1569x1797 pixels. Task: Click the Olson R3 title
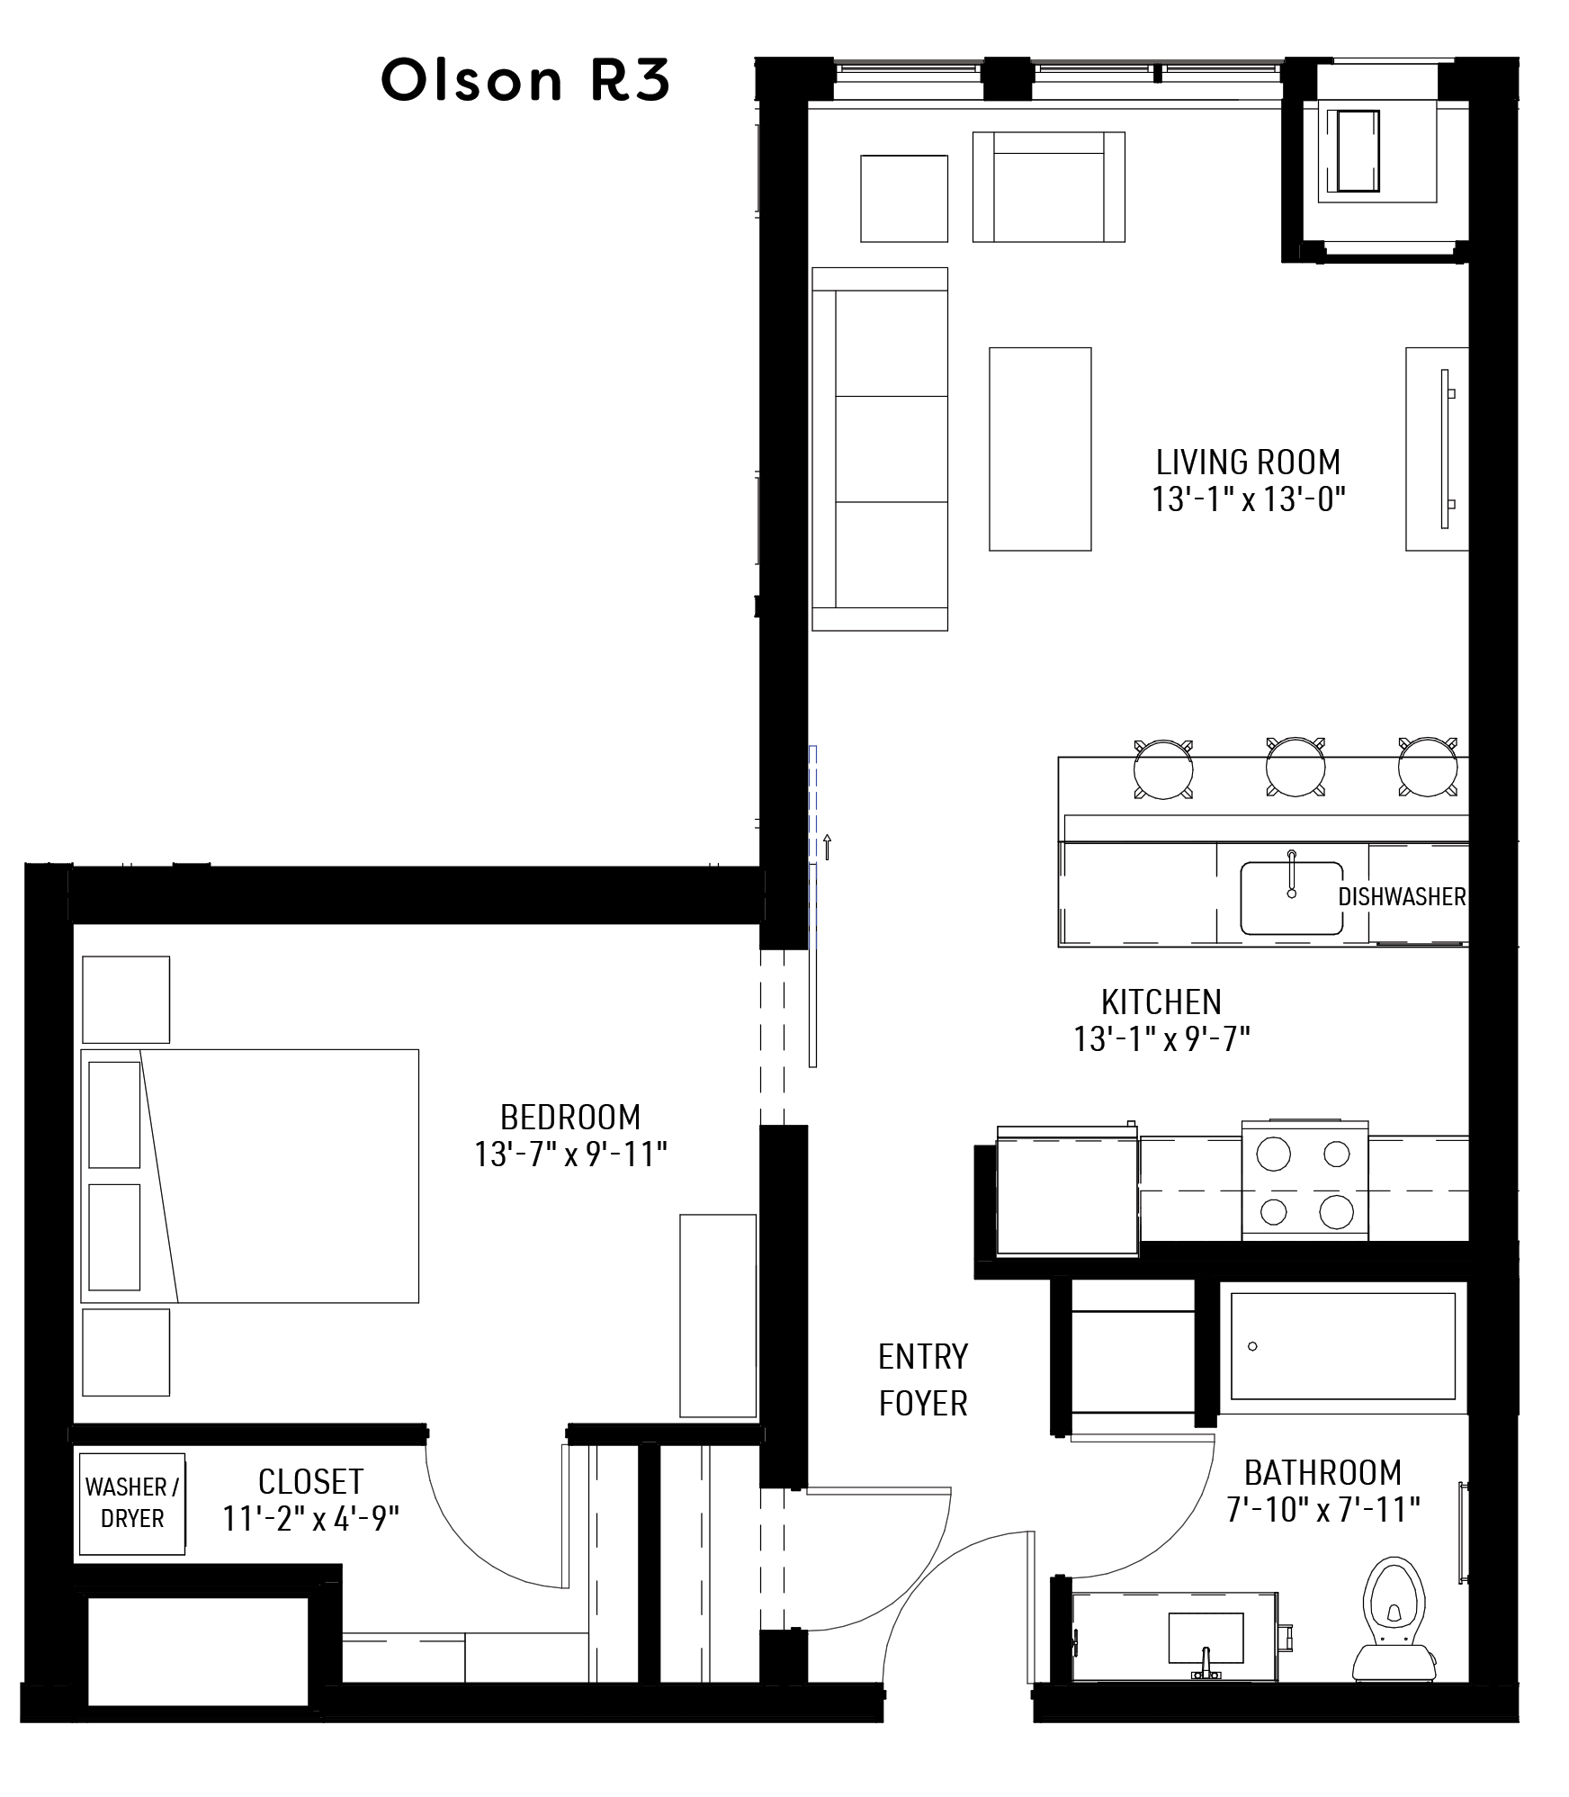(x=525, y=81)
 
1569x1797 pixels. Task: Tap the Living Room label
(x=1248, y=463)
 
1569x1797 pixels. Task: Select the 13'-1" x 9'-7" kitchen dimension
(x=1161, y=1039)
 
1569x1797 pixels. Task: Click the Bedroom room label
(x=570, y=1117)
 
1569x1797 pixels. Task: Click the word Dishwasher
(x=1402, y=896)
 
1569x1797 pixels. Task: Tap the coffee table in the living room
(x=1040, y=449)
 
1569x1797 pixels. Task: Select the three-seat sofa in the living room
(x=880, y=449)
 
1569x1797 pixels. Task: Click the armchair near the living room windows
(x=1049, y=187)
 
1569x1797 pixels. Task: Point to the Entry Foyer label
(x=923, y=1380)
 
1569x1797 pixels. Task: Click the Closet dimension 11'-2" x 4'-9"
(x=310, y=1519)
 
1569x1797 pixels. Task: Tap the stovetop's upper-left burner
(x=1273, y=1154)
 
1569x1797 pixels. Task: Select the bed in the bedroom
(x=250, y=1175)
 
